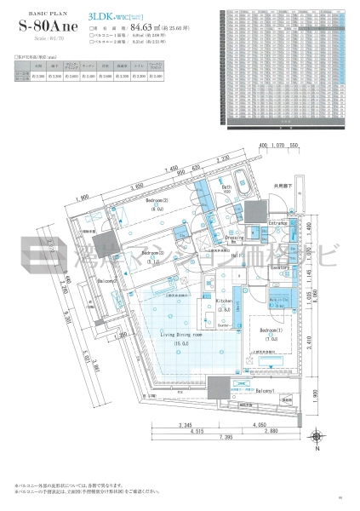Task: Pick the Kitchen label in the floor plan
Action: tap(224, 301)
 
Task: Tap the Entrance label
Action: tap(278, 222)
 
